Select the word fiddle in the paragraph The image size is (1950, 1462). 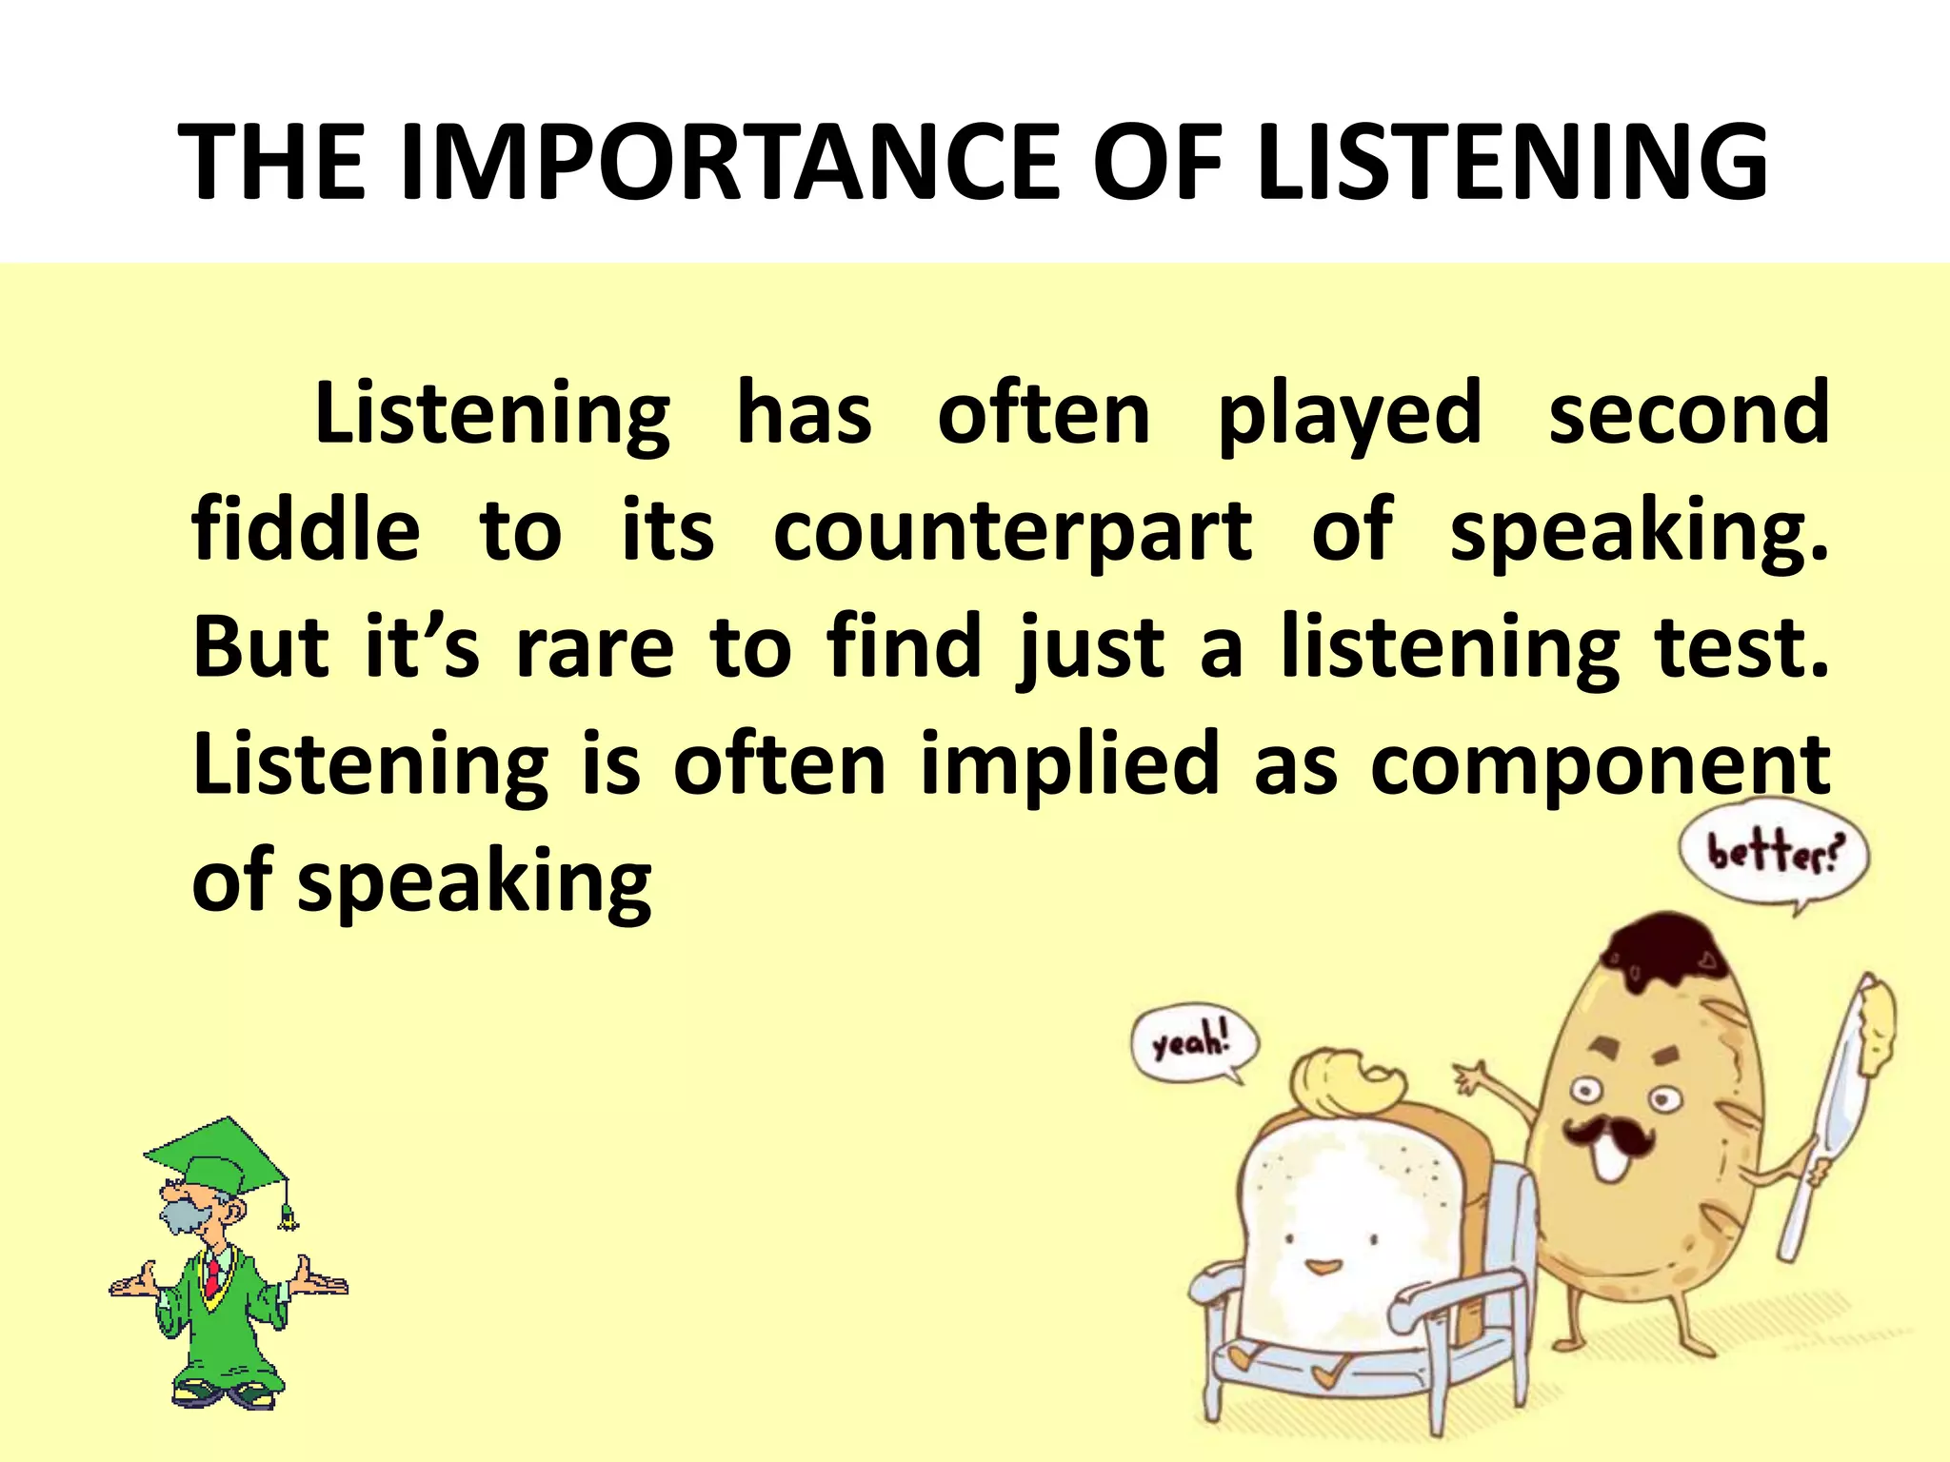tap(306, 529)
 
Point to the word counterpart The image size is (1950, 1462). tap(1012, 531)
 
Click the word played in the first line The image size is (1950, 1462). tap(1349, 415)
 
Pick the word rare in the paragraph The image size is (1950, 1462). tap(595, 647)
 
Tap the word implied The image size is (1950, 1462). tap(1069, 764)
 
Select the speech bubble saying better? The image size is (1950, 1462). tap(1773, 854)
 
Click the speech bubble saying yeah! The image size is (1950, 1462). tap(1194, 1044)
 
